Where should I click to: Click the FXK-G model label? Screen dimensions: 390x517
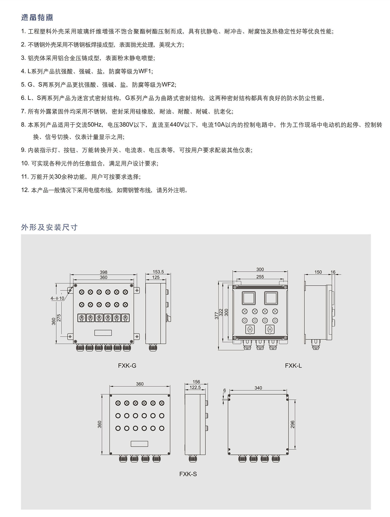pos(127,365)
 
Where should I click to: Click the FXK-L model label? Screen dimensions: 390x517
pos(293,365)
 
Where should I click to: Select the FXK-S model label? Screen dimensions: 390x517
pos(188,474)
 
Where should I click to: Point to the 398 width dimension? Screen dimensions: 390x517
pos(103,272)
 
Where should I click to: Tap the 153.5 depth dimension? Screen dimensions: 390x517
pos(158,272)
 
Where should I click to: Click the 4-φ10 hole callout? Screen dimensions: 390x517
pos(57,298)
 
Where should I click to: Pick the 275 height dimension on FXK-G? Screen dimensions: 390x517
pos(59,318)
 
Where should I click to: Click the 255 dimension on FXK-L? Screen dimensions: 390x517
pos(260,277)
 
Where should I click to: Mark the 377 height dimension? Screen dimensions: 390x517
pos(216,316)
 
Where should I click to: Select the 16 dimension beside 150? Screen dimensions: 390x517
pos(333,272)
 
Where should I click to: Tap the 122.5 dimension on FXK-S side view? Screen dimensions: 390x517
pos(195,387)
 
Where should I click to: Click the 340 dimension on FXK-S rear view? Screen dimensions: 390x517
pos(258,388)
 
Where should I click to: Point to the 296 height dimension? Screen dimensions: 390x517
pos(292,424)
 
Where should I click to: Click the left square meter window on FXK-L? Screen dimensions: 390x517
pos(249,298)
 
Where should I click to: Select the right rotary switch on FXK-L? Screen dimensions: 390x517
pos(270,330)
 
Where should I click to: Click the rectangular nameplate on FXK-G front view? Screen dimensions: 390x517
pos(103,333)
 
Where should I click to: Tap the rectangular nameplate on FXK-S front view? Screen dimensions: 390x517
pos(139,444)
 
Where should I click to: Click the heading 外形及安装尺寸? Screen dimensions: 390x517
pos(49,227)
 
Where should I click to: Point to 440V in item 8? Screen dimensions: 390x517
pos(177,125)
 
